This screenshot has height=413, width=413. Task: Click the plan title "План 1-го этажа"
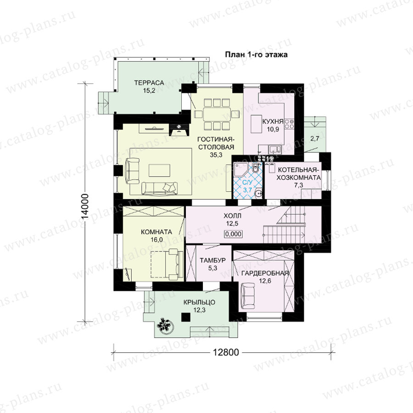256,55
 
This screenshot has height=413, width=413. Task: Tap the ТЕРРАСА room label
149,83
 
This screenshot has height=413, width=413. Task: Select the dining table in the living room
217,114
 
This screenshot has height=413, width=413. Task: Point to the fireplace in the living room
179,129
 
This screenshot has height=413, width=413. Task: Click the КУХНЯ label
273,122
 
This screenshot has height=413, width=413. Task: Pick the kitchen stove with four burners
290,124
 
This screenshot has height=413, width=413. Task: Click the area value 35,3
216,155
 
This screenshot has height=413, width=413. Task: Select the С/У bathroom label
247,182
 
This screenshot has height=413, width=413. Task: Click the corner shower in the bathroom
240,169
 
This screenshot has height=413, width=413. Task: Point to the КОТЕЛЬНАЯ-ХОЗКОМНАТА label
299,173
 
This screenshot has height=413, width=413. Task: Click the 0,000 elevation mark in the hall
234,234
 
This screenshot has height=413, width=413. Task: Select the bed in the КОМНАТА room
167,264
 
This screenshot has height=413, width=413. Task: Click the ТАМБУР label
212,261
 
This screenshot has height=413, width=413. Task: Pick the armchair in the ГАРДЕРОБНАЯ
248,296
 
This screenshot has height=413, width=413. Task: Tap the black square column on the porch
186,317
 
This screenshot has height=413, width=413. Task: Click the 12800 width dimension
226,352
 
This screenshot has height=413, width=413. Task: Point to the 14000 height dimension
85,206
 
